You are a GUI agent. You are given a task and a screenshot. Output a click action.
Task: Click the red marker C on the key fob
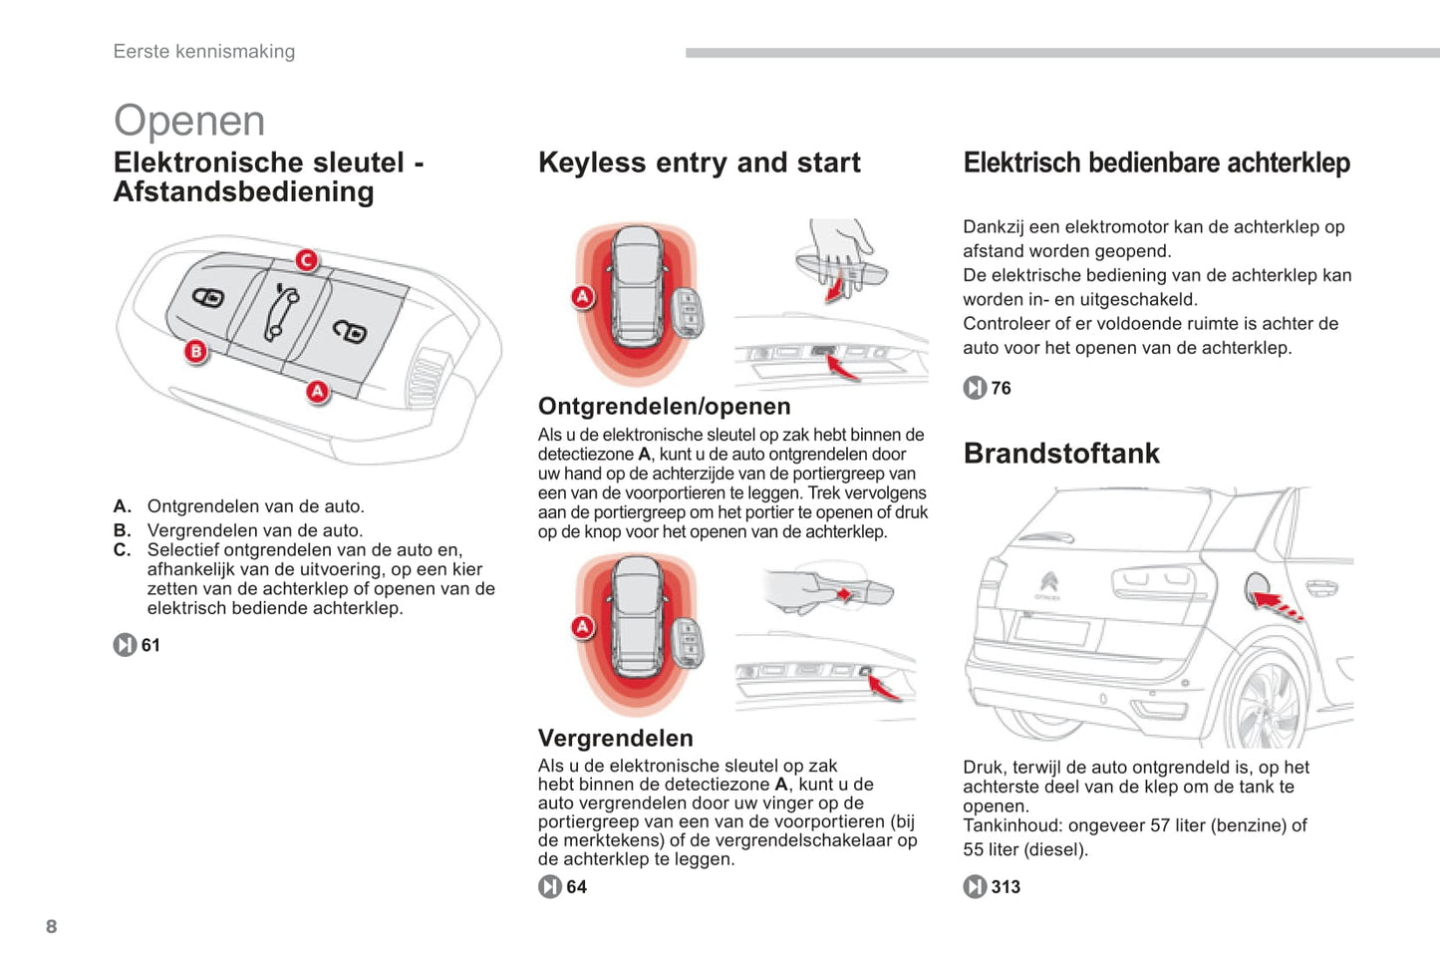[x=307, y=260]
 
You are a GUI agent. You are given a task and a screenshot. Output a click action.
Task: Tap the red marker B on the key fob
[x=196, y=351]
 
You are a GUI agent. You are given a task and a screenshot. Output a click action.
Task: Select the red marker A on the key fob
[x=317, y=392]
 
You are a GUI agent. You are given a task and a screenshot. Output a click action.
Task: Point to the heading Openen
[x=189, y=121]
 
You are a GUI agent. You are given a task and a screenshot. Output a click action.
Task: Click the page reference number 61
[x=150, y=645]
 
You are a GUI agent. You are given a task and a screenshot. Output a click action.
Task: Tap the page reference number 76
[x=1001, y=388]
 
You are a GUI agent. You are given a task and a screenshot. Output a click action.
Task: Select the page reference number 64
[x=576, y=886]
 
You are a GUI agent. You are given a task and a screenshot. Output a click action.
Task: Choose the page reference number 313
[x=1006, y=886]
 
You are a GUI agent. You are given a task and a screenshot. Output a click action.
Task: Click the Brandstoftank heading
[x=1061, y=454]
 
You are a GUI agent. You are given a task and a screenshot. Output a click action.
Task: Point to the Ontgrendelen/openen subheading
[x=664, y=407]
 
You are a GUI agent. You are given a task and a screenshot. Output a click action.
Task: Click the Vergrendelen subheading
[x=615, y=738]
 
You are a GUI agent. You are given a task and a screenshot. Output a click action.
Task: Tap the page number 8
[x=52, y=926]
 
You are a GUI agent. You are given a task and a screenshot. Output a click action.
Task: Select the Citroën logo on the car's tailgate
[x=1048, y=581]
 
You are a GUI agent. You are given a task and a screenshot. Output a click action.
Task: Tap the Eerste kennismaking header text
[x=204, y=52]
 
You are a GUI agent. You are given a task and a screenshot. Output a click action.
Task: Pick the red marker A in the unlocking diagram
[x=583, y=296]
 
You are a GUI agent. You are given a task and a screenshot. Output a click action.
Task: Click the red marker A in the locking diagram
[x=583, y=627]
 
